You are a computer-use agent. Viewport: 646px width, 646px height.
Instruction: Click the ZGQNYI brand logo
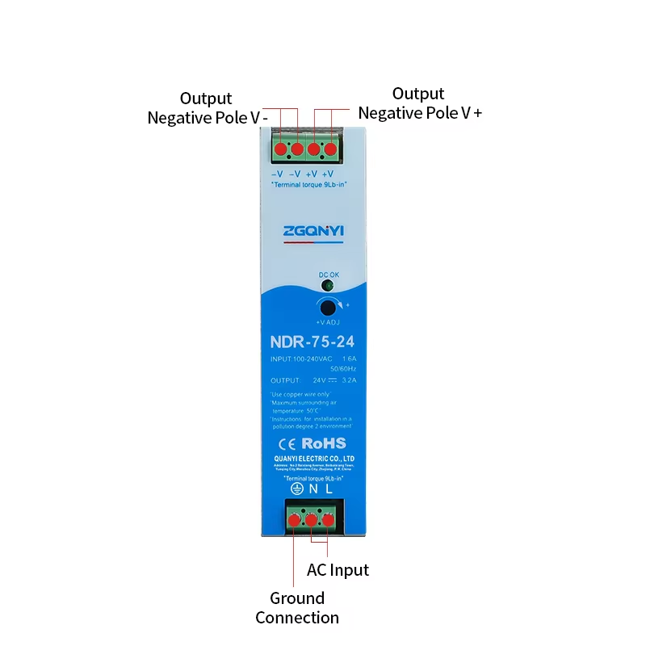click(x=313, y=232)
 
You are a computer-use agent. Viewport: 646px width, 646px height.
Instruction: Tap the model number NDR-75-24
click(x=313, y=342)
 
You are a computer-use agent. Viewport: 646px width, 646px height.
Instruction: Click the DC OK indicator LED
click(x=328, y=285)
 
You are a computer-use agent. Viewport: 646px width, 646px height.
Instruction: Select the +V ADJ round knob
click(x=328, y=307)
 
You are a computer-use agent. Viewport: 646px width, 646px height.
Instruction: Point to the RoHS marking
click(x=324, y=443)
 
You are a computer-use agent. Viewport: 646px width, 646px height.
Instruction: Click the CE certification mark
click(x=288, y=443)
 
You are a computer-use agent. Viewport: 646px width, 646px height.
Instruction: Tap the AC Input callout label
click(x=338, y=570)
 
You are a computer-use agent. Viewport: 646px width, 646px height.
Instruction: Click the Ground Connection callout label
click(x=297, y=608)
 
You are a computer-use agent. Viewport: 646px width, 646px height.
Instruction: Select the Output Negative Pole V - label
click(x=207, y=108)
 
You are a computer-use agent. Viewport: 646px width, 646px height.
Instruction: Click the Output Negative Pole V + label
click(x=419, y=103)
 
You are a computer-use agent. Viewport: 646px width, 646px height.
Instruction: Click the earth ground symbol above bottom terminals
click(x=296, y=489)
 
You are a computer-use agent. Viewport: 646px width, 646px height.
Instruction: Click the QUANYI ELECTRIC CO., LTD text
click(x=314, y=458)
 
